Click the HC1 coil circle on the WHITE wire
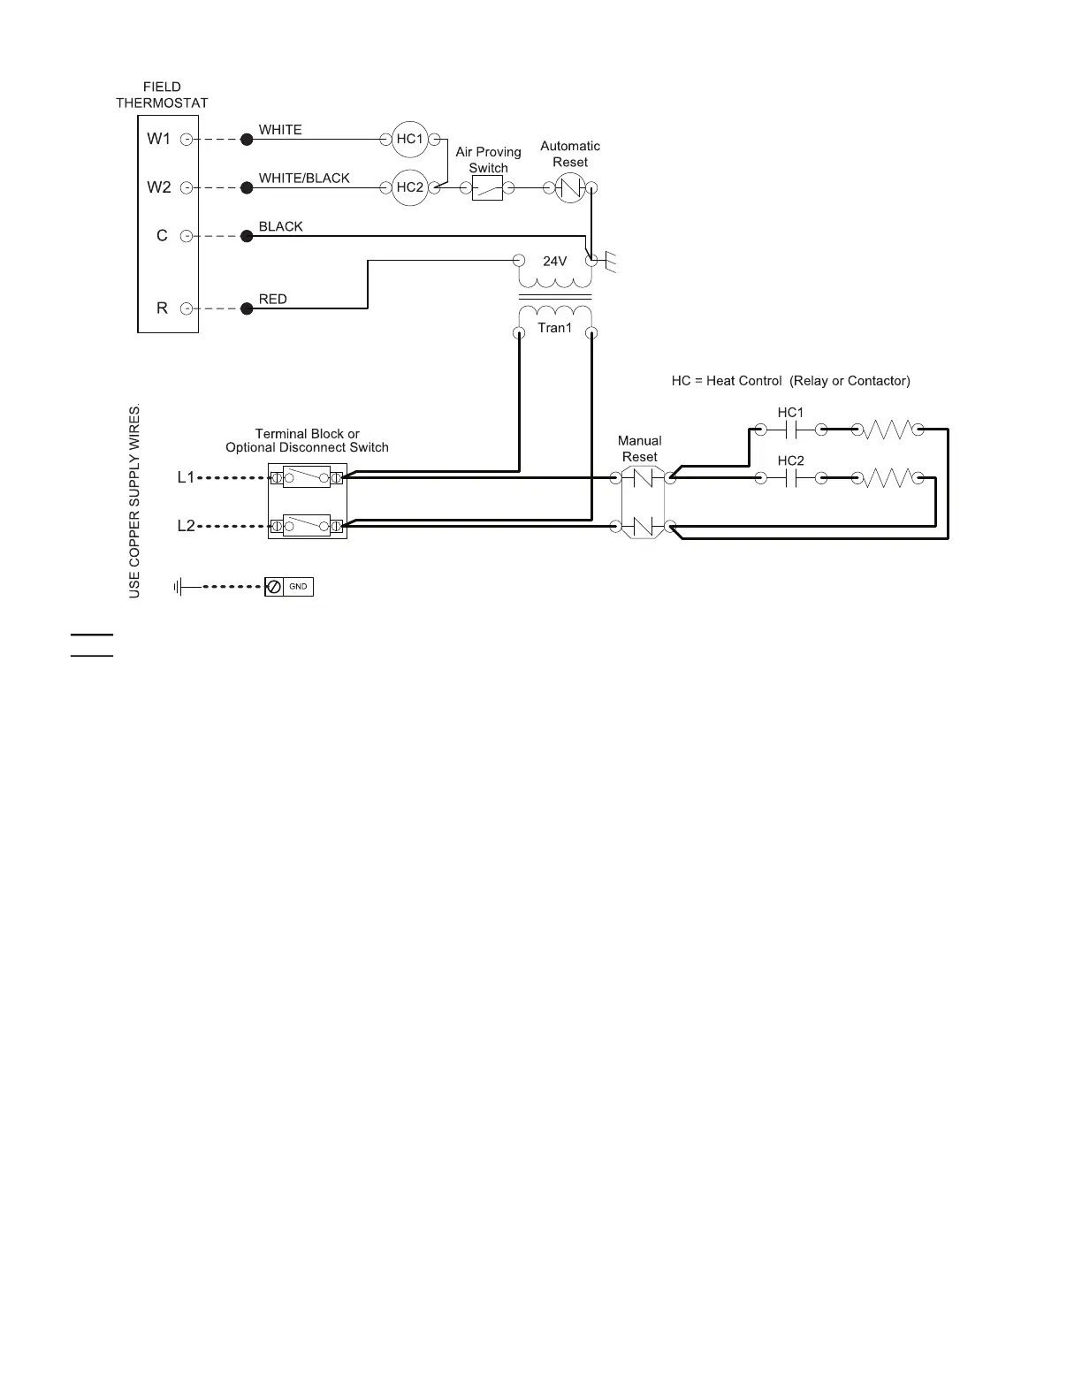coord(409,139)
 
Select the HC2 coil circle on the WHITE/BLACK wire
coord(409,187)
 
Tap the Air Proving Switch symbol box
coord(487,187)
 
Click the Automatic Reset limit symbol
coord(570,187)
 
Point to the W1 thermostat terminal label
coord(158,139)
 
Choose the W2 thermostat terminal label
coord(158,187)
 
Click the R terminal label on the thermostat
coord(162,308)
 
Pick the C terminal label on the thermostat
coord(162,236)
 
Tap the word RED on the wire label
coord(272,300)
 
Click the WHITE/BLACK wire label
coord(304,179)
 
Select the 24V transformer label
coord(554,262)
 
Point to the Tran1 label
coord(554,328)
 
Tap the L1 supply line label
coord(186,477)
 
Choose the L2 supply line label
coord(186,526)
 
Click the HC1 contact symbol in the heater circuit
coord(791,430)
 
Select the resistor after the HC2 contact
coord(887,478)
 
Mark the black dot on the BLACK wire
coord(248,236)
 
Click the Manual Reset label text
coord(639,448)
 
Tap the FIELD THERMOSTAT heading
coord(162,95)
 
